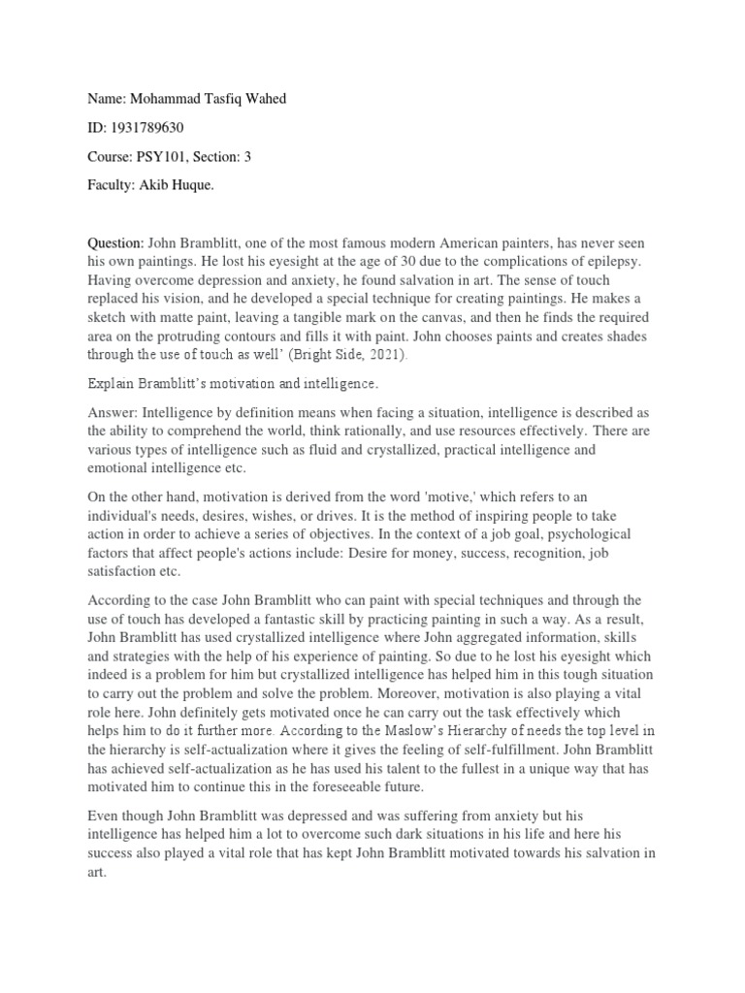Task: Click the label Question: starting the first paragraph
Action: coord(115,241)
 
